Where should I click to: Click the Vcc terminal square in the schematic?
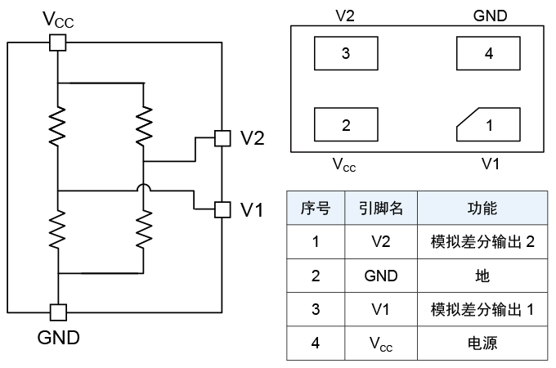tap(58, 43)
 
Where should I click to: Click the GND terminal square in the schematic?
tap(58, 312)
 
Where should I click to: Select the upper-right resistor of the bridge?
tap(144, 125)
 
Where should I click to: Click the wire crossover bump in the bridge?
tap(144, 190)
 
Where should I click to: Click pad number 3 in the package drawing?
tap(346, 54)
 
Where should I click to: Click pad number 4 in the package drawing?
tap(489, 54)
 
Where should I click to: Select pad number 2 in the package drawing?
tap(346, 125)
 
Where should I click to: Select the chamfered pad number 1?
tap(489, 125)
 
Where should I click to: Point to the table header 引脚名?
tap(381, 208)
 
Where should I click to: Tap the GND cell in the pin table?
tap(381, 276)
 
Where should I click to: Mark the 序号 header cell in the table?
tap(316, 208)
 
